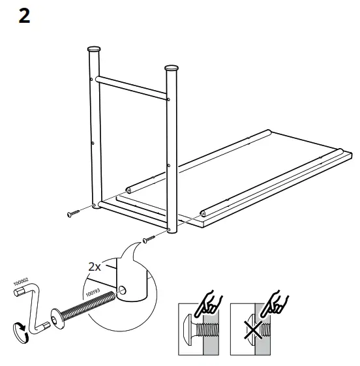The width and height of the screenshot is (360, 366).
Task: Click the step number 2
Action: coord(24,16)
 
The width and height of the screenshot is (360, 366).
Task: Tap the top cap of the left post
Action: coord(95,50)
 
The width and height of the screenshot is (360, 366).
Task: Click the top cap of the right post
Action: coord(172,68)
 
